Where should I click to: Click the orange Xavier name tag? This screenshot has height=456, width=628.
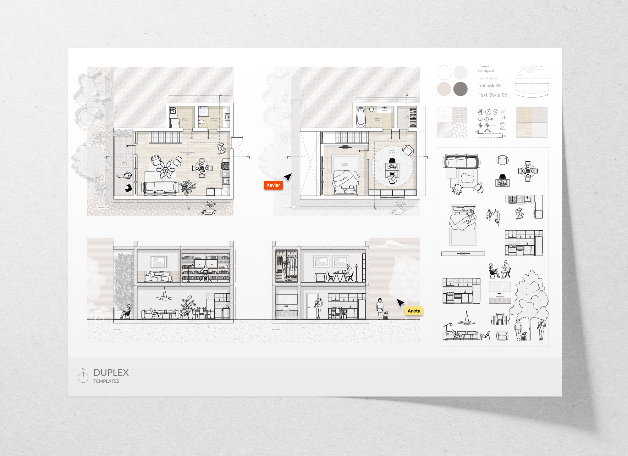[273, 185]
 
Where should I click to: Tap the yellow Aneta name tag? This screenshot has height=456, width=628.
[414, 311]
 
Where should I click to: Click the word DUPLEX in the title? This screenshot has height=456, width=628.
[111, 373]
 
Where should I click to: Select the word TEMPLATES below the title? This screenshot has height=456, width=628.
[106, 381]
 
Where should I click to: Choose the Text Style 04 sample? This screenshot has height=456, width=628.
[489, 86]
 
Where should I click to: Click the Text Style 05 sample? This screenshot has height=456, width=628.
[492, 95]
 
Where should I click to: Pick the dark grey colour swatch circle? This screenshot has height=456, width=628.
[460, 89]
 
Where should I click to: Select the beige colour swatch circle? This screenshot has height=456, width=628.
[444, 89]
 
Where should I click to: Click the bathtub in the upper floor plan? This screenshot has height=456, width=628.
[361, 117]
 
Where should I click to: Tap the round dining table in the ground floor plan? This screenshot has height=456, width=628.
[202, 168]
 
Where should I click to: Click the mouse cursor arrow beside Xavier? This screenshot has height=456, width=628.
[288, 177]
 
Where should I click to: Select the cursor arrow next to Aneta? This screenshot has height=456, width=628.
[400, 303]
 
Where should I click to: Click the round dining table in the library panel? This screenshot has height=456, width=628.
[528, 171]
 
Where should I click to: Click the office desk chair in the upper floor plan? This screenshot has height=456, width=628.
[392, 161]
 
